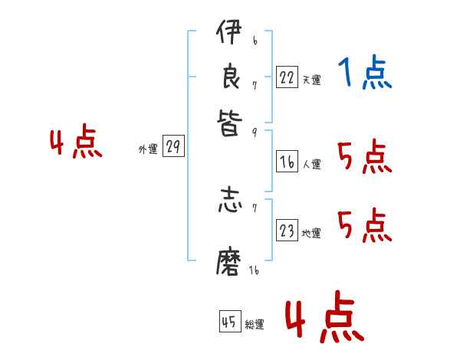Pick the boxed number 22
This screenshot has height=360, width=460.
pyautogui.click(x=287, y=77)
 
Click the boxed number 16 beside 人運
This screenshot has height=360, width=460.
pyautogui.click(x=287, y=162)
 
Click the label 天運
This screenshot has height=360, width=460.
pyautogui.click(x=311, y=80)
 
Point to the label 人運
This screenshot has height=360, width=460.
pyautogui.click(x=311, y=164)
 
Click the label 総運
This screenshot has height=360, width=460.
pyautogui.click(x=255, y=325)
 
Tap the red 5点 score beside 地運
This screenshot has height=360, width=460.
pyautogui.click(x=364, y=226)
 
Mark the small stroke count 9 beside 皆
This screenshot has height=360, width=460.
pyautogui.click(x=254, y=132)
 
